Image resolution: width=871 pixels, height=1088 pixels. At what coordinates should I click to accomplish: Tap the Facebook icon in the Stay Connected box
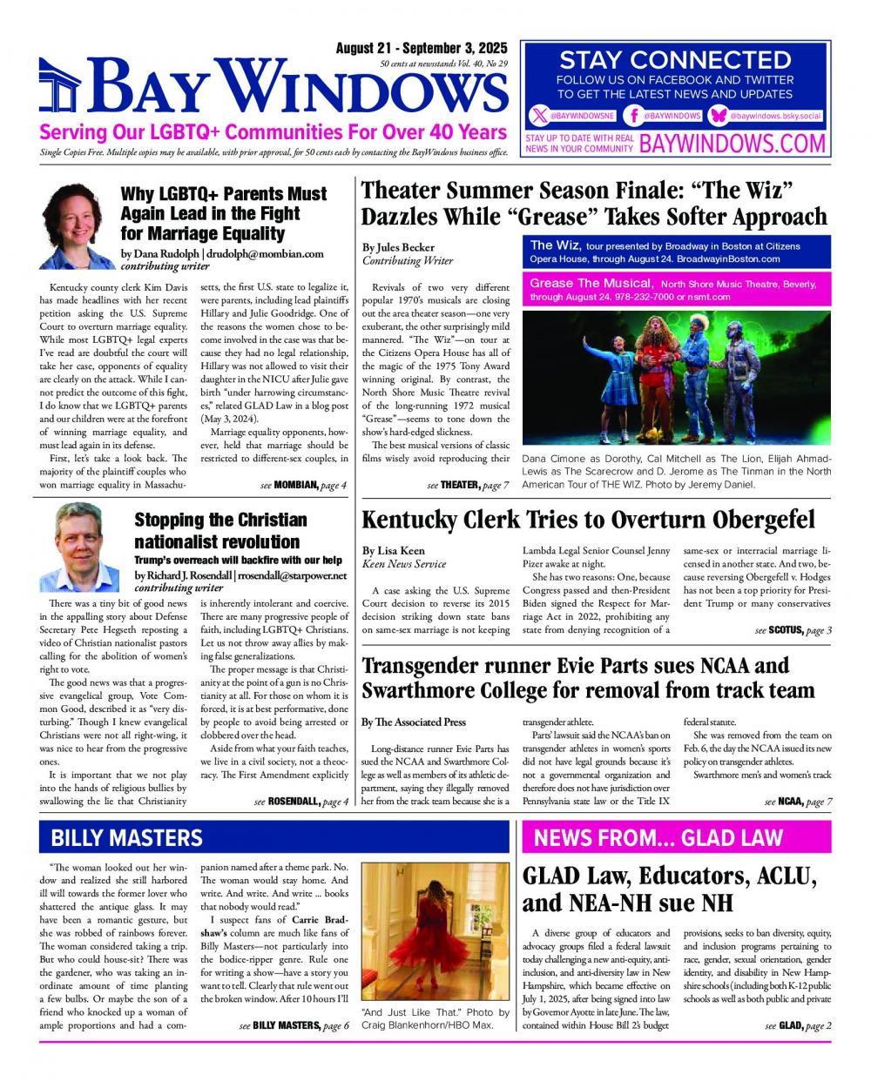635,116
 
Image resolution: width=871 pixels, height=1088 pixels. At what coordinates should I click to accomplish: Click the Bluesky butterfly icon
719,116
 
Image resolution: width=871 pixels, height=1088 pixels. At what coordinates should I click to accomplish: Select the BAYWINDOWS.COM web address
733,144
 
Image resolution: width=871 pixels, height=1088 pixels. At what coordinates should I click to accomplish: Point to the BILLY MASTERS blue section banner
274,837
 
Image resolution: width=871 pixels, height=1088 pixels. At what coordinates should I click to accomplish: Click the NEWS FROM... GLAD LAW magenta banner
676,837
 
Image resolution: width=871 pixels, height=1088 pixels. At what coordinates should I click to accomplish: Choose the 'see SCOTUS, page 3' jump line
793,630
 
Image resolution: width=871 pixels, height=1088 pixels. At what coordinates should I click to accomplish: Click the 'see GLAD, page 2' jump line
798,1026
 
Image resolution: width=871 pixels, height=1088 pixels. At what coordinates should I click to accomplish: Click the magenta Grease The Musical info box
676,290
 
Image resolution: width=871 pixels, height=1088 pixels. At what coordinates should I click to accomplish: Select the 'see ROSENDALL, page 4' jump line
300,802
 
